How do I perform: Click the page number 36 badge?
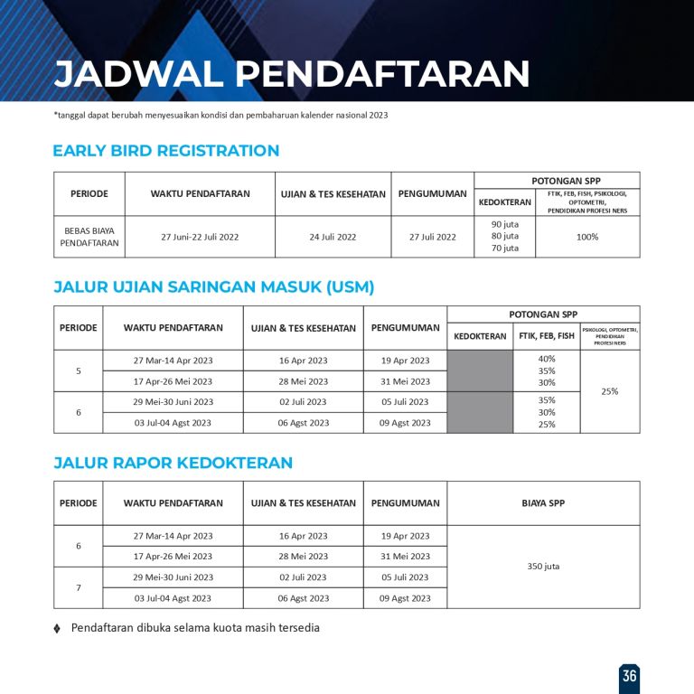coord(629,676)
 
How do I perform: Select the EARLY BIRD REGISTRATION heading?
coord(165,151)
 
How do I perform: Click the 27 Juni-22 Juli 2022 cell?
coord(200,237)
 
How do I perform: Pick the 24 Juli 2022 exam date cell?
coord(333,237)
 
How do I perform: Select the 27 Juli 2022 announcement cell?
coord(433,237)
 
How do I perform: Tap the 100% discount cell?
coord(587,237)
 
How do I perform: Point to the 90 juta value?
coord(505,224)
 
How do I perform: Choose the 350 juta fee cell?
coord(543,567)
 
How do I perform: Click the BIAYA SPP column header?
coord(543,503)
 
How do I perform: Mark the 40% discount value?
coord(547,359)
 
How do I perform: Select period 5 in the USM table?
coord(78,370)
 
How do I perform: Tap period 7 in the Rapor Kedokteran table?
coord(78,587)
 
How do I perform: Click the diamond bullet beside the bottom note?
coord(57,628)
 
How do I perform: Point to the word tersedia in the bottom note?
coord(295,628)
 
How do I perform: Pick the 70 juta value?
coord(505,249)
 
